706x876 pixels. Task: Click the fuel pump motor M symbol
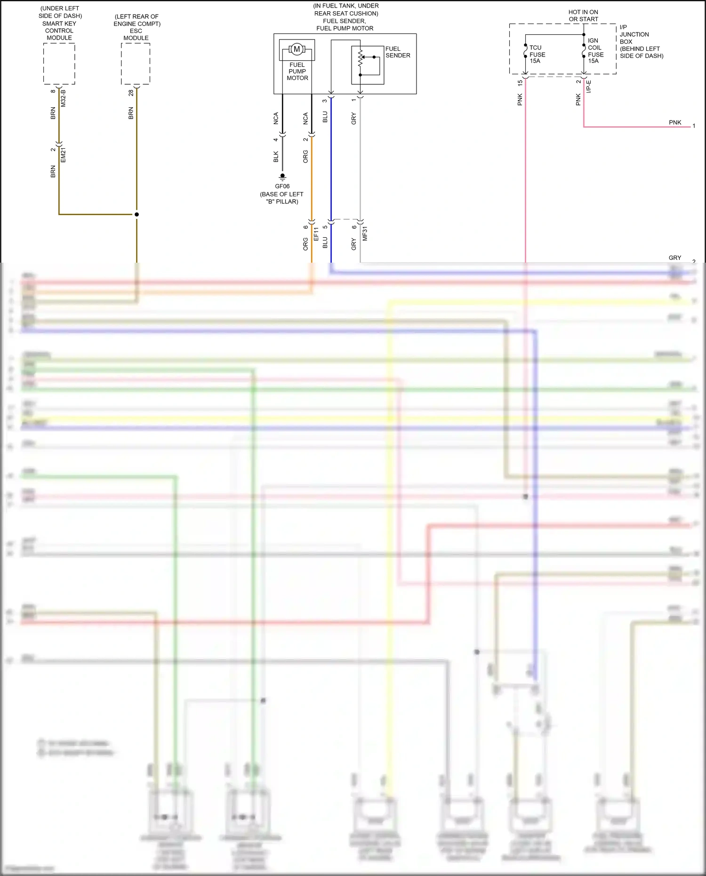pyautogui.click(x=297, y=49)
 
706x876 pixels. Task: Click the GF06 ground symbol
pyautogui.click(x=282, y=177)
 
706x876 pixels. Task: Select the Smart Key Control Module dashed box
pyautogui.click(x=59, y=64)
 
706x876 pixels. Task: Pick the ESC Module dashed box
pyautogui.click(x=136, y=64)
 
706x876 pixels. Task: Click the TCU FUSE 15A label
pyautogui.click(x=537, y=54)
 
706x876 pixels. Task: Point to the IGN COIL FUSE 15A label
pyautogui.click(x=595, y=51)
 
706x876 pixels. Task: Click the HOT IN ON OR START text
pyautogui.click(x=583, y=16)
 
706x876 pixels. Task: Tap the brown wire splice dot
pyautogui.click(x=136, y=214)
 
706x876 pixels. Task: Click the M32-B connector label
pyautogui.click(x=64, y=98)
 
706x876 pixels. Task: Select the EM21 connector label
pyautogui.click(x=64, y=155)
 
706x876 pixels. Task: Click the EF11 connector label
pyautogui.click(x=316, y=234)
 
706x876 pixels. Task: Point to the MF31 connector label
pyautogui.click(x=365, y=234)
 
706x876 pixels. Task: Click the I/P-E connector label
pyautogui.click(x=589, y=87)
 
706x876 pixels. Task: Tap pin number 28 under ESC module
pyautogui.click(x=131, y=93)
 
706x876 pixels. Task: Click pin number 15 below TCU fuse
pyautogui.click(x=520, y=83)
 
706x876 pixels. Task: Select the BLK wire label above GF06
pyautogui.click(x=276, y=157)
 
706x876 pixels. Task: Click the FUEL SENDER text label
pyautogui.click(x=398, y=52)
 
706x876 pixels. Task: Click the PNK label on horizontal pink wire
pyautogui.click(x=675, y=122)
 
